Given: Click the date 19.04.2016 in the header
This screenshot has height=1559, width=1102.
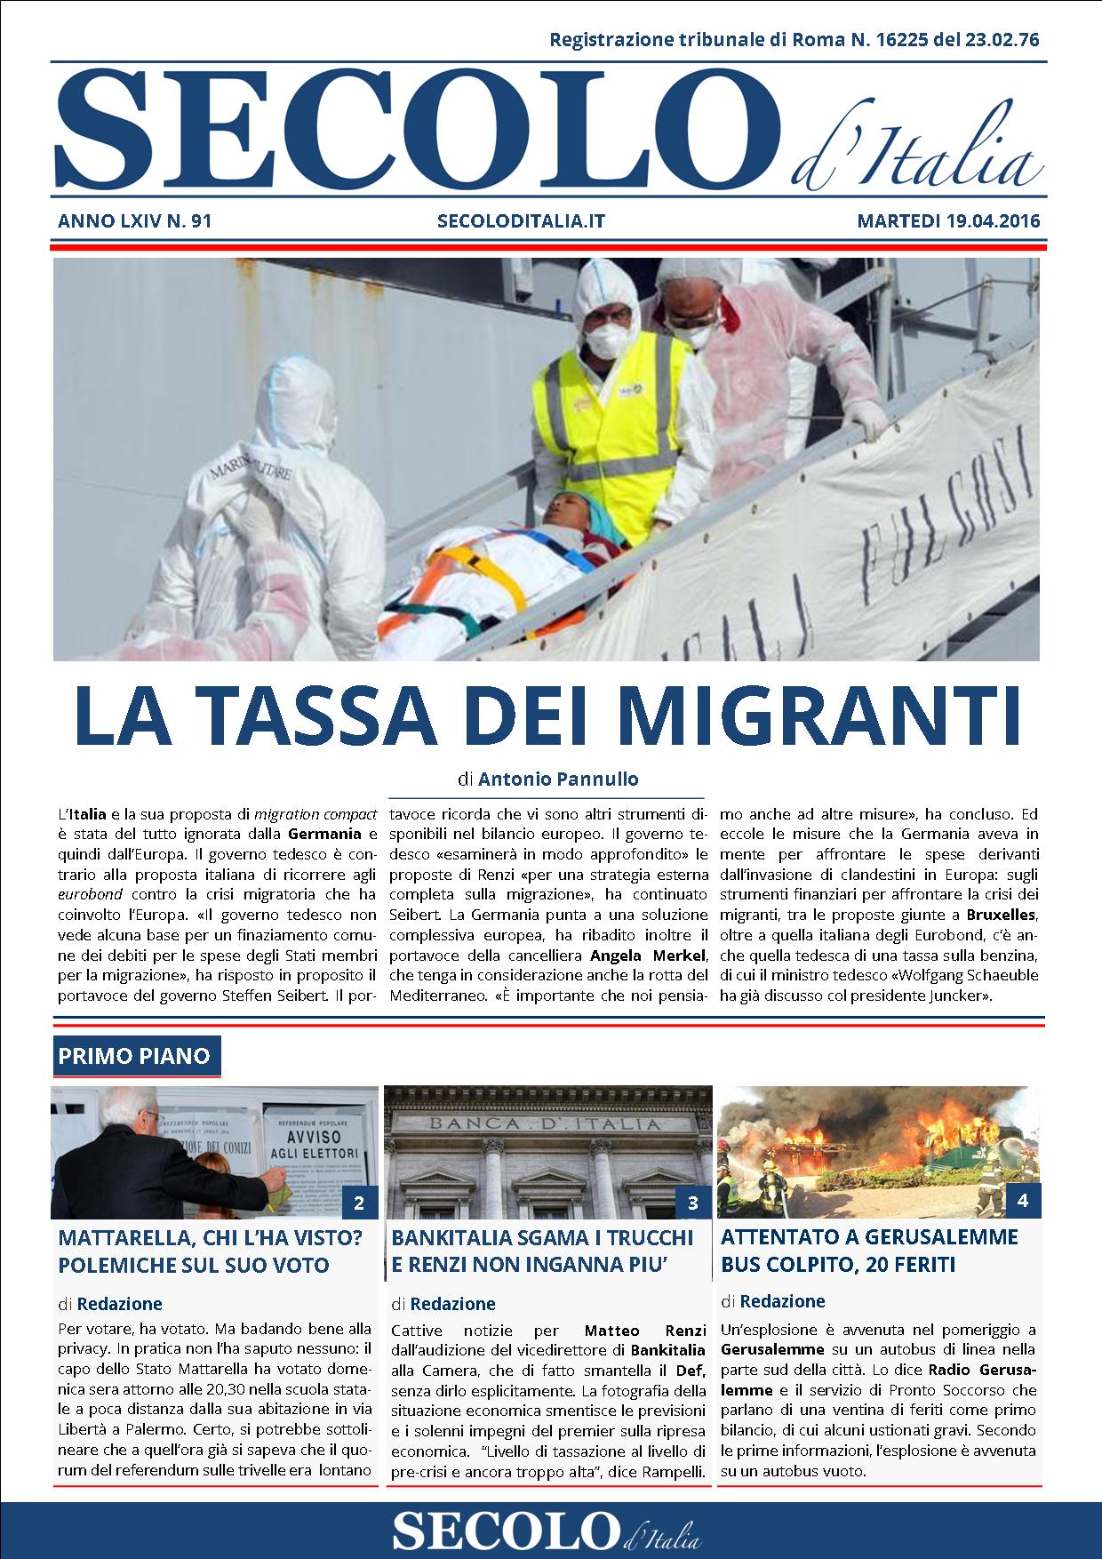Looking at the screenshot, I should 987,220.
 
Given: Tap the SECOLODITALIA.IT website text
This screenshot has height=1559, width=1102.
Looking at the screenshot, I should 522,220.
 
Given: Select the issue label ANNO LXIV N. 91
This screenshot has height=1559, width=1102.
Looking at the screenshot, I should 134,220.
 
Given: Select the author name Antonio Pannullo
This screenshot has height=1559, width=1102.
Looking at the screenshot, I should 558,779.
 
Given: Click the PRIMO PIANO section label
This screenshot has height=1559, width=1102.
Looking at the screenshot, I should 134,1056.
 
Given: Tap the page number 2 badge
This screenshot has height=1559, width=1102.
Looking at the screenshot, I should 359,1203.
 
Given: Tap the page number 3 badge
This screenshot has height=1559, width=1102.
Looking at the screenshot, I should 693,1203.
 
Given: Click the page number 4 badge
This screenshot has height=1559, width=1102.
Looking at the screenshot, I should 1023,1201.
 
